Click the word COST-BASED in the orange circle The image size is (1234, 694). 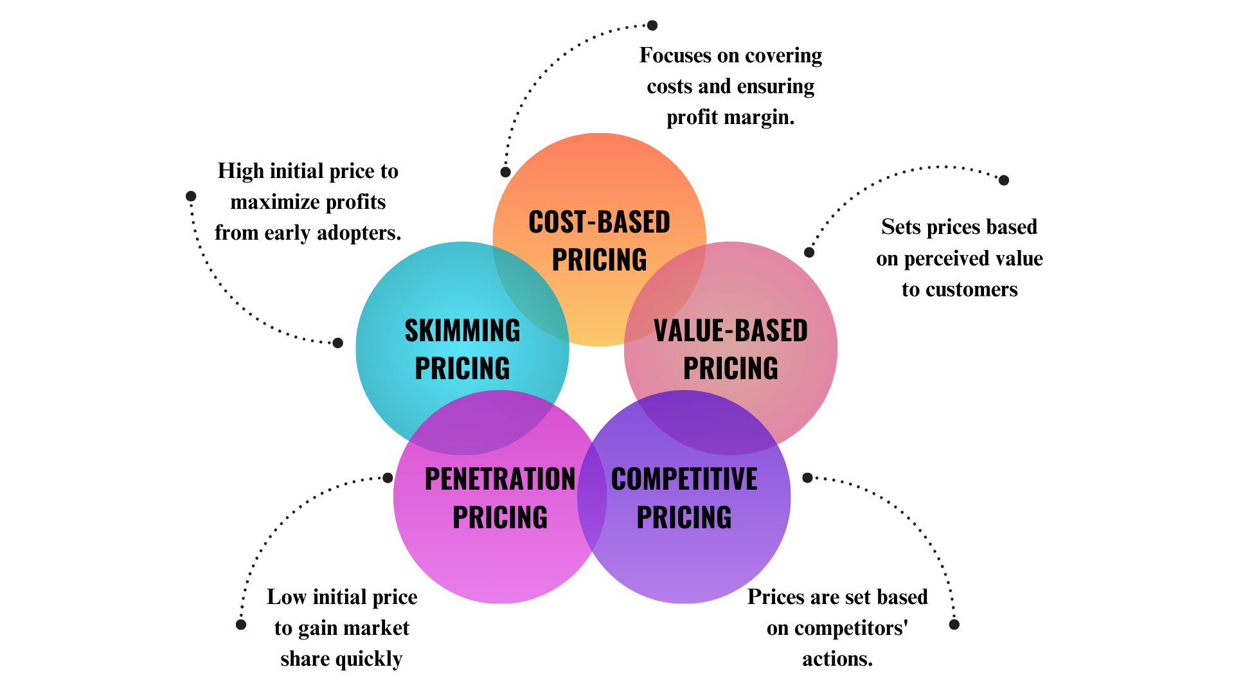coord(599,222)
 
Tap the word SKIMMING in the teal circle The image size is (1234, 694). coord(462,331)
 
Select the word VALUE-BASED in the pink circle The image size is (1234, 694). coord(730,331)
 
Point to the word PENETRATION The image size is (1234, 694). coord(499,479)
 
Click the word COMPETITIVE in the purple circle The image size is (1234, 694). coord(684,479)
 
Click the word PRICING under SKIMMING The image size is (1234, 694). coord(462,369)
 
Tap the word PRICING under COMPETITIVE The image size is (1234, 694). coord(684,517)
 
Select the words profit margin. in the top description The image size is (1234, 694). coord(730,117)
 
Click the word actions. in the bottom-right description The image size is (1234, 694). coord(837,659)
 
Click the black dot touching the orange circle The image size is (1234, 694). coord(506,172)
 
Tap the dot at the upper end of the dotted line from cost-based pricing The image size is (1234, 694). coord(652,26)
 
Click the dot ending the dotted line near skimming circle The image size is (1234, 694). coord(338,343)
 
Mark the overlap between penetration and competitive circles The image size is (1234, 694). coord(592,497)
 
